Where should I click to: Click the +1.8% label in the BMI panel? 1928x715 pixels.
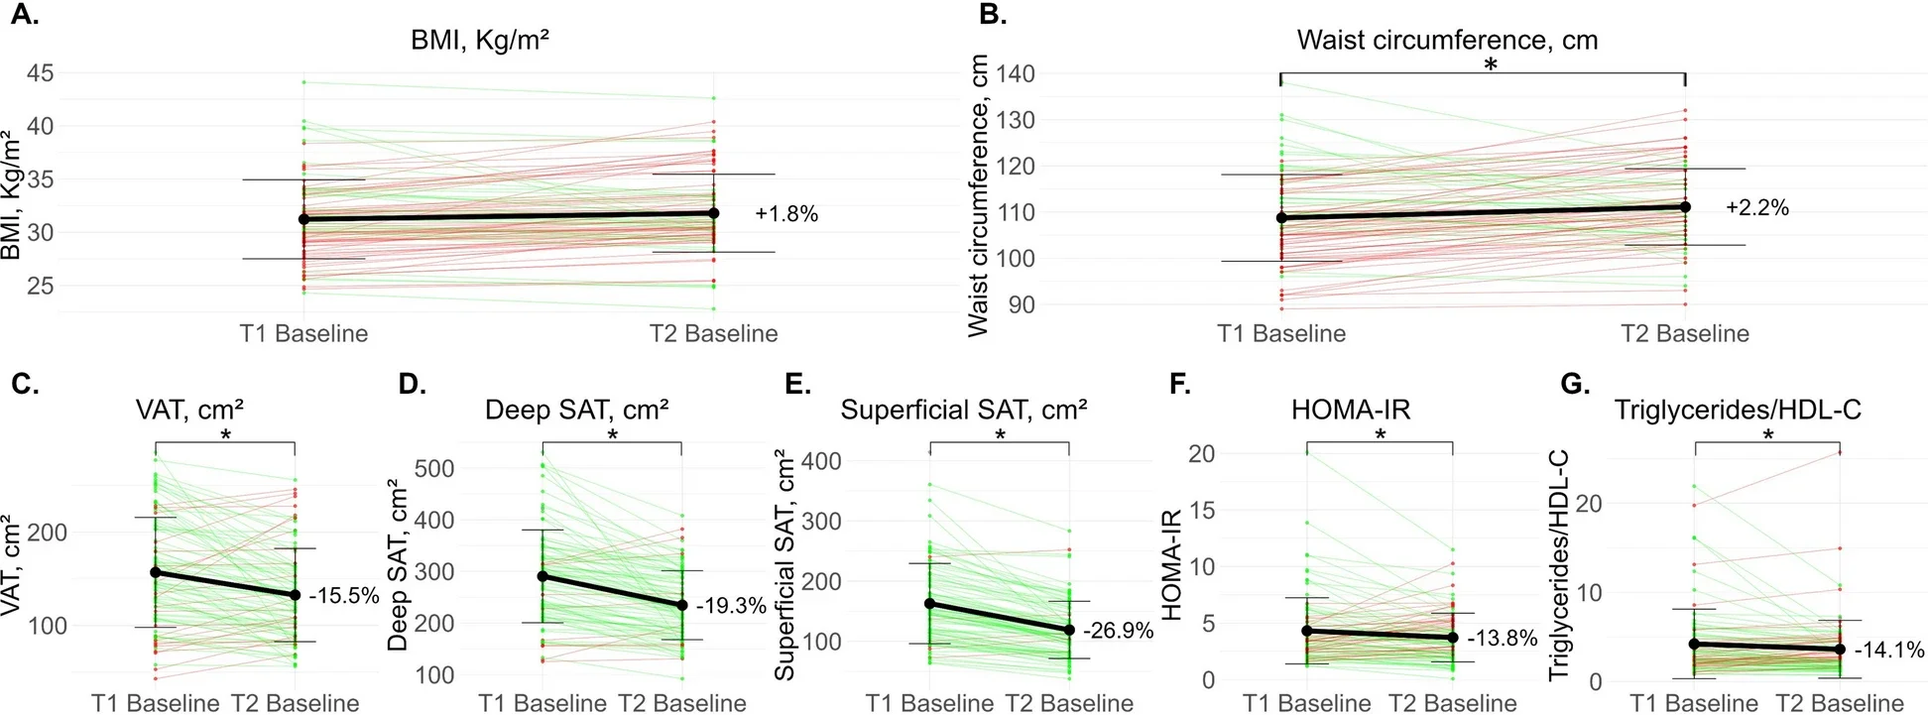(x=785, y=214)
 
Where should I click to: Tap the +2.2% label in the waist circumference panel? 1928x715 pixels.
(x=1756, y=208)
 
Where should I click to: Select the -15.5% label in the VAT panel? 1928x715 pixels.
(x=344, y=596)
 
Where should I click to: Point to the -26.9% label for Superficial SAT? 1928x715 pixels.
(x=1118, y=631)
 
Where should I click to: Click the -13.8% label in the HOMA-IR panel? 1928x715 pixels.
(x=1502, y=639)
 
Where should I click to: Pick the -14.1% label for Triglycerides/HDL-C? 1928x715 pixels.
(x=1889, y=651)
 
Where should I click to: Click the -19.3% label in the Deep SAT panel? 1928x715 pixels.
(x=731, y=606)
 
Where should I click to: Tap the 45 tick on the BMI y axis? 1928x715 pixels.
(x=41, y=73)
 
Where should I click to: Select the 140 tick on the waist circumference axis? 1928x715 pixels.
(x=1015, y=73)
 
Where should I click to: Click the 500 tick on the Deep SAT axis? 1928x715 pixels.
(x=434, y=468)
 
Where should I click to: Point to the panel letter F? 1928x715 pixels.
(x=1179, y=385)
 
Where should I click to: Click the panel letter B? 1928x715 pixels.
(x=993, y=15)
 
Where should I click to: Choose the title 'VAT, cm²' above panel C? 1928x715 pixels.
(x=189, y=410)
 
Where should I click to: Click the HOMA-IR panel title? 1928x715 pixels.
(x=1350, y=410)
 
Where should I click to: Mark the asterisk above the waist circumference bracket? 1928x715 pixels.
(x=1490, y=65)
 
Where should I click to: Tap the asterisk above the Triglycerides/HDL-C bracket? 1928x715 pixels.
(x=1767, y=435)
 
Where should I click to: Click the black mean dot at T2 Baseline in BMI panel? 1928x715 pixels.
(x=713, y=213)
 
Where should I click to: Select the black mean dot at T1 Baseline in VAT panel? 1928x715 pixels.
(x=155, y=572)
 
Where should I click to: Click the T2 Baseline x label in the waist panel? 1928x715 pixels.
(x=1684, y=333)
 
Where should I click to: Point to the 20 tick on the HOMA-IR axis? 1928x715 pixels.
(x=1201, y=454)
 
